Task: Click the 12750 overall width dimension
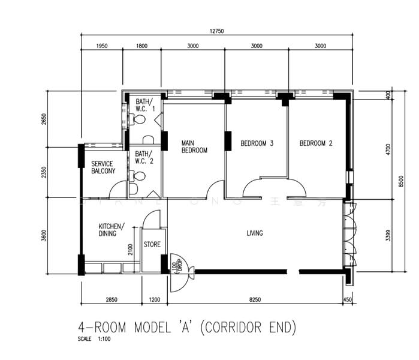point(216,31)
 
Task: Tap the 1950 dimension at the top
point(101,46)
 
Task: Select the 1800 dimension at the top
point(141,46)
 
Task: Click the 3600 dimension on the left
point(43,235)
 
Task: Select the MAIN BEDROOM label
point(194,147)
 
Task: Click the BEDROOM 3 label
point(257,143)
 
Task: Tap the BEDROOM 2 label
point(316,143)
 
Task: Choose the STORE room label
point(152,244)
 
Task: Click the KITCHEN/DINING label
point(111,230)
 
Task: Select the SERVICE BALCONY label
point(103,167)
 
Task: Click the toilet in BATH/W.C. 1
point(138,120)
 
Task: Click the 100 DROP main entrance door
point(180,271)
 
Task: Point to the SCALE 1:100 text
point(94,340)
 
